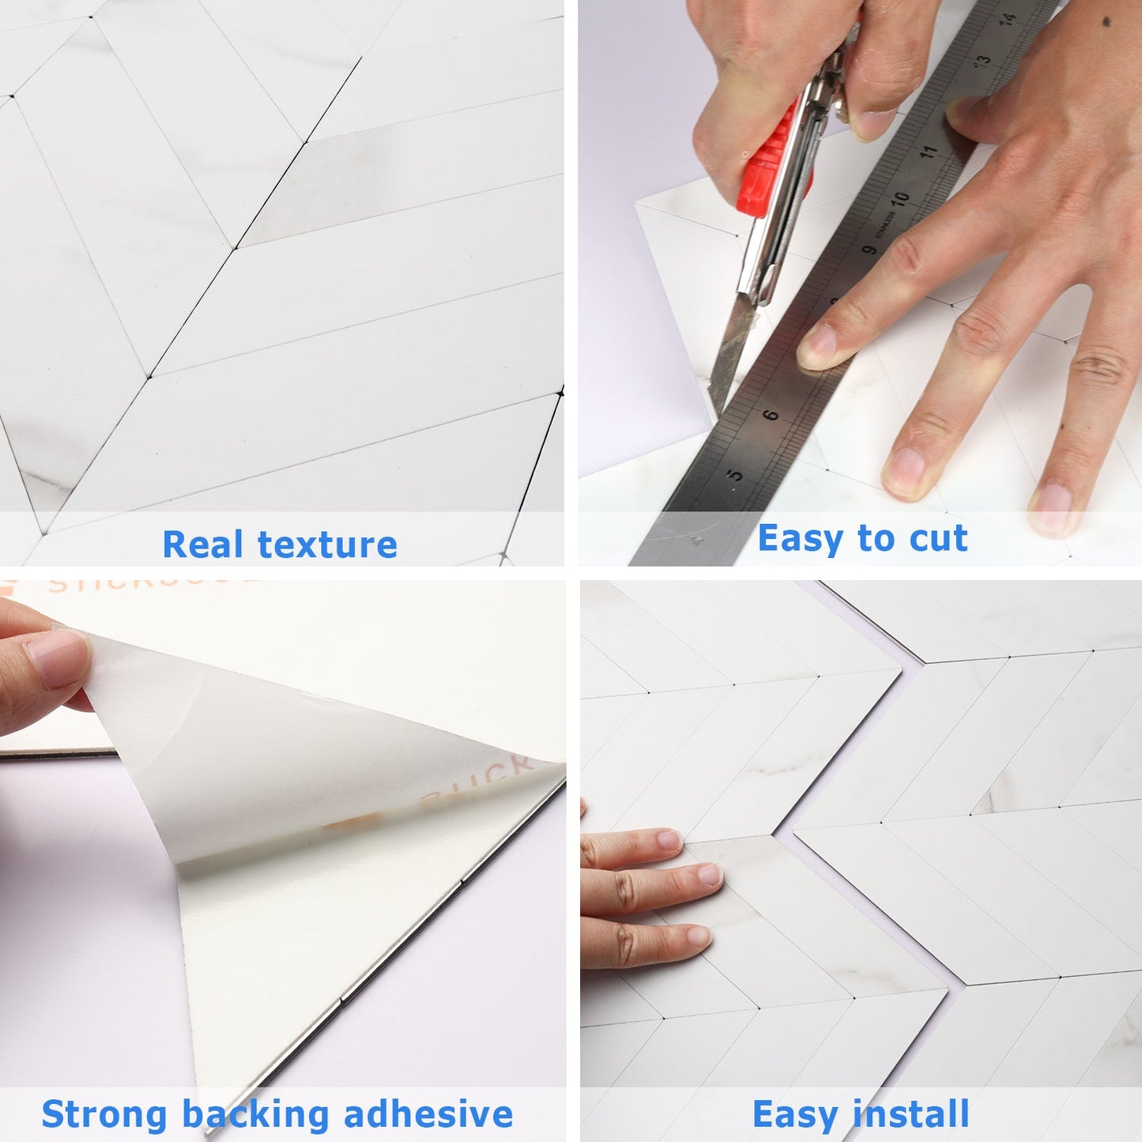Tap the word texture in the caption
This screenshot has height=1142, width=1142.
pos(327,545)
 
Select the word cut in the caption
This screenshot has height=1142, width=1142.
pos(938,539)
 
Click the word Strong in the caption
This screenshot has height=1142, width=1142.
pos(104,1114)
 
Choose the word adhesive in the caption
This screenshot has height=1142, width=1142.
pos(428,1114)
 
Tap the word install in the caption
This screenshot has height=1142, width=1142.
pos(910,1114)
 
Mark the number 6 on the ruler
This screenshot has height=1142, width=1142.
pos(771,414)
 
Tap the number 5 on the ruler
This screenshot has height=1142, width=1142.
pos(735,475)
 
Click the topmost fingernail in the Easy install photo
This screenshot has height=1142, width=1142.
pos(669,839)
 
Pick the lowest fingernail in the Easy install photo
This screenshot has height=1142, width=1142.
pos(697,937)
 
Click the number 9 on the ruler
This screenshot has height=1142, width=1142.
pos(869,249)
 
